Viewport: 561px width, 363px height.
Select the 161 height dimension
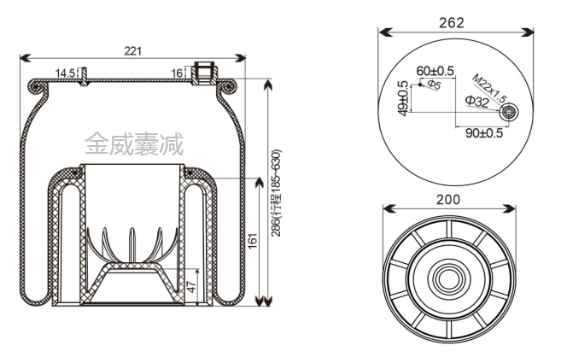(x=252, y=242)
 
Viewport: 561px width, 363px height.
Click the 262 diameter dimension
(x=458, y=23)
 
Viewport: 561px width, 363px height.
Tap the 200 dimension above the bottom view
(x=448, y=199)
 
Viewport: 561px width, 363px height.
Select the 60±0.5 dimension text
(x=435, y=70)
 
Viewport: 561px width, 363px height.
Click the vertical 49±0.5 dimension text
(x=403, y=96)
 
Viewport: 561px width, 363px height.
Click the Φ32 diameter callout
(x=476, y=102)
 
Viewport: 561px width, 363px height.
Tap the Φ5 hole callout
(x=433, y=85)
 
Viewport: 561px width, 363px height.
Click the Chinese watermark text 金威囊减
(x=133, y=142)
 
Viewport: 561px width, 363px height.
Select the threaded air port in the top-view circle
(x=509, y=113)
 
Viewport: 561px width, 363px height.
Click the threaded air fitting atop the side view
(x=204, y=73)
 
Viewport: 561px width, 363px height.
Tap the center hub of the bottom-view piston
(x=447, y=279)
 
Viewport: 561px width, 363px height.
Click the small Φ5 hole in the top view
(x=419, y=84)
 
